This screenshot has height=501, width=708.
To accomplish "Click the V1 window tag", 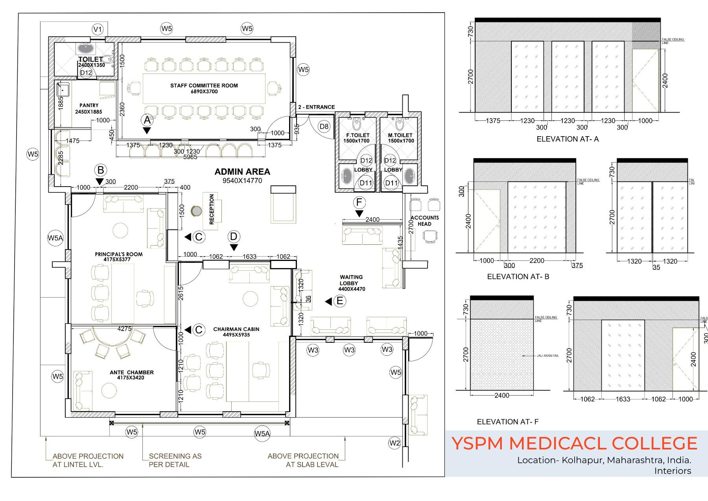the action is pos(97,29).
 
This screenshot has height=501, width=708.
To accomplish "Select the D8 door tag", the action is pos(324,126).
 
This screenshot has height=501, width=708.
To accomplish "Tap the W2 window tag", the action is pos(395,443).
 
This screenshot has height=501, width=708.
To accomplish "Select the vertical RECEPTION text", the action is pos(212,209).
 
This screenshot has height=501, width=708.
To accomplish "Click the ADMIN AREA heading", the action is pos(242,172).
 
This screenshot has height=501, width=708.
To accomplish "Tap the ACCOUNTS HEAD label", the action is pos(424,221).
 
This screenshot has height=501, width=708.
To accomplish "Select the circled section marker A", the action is pos(147,119).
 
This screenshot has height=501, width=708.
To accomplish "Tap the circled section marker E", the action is pos(339,301).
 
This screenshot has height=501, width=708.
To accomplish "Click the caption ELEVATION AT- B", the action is pos(518,277).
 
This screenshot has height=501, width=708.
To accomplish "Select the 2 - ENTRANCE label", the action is pos(317,107).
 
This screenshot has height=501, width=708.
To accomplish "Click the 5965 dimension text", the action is pos(190,157).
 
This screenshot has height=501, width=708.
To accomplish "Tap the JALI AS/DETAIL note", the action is pos(548,355).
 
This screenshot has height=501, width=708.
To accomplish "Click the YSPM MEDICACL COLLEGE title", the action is pos(574,443).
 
